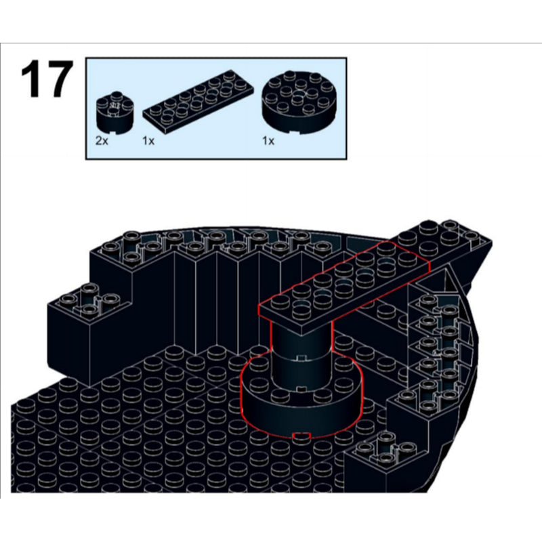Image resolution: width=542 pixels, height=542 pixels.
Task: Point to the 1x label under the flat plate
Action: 149,142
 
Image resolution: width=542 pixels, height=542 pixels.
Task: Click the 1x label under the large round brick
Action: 269,142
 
